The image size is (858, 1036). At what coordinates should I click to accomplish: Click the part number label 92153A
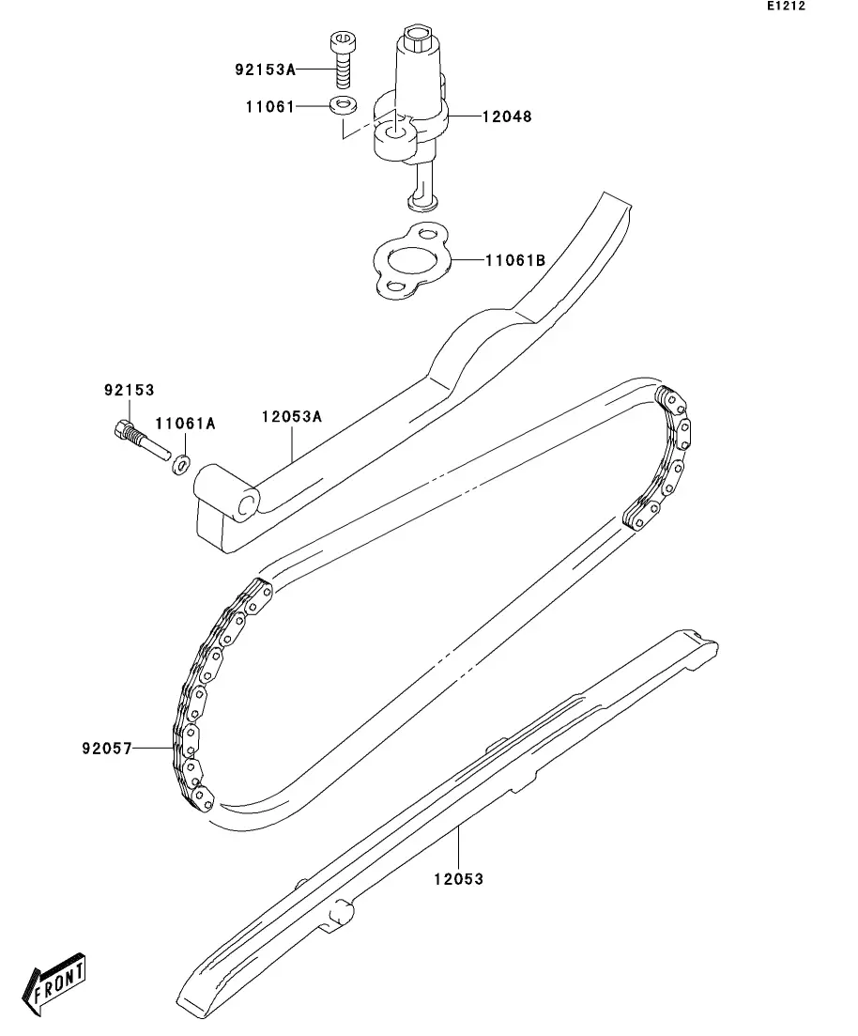coord(265,70)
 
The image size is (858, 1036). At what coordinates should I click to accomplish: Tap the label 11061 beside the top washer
coord(270,107)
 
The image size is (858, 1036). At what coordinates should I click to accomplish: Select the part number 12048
coord(507,116)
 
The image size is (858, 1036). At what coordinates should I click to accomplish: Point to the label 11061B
coord(514,260)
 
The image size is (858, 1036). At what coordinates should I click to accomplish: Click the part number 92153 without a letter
coord(129,390)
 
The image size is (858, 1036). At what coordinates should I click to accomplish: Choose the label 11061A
coord(185,424)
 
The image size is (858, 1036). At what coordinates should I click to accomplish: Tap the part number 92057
coord(105,749)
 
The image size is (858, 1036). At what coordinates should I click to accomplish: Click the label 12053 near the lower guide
coord(458,879)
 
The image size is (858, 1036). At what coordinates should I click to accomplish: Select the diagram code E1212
coord(787,7)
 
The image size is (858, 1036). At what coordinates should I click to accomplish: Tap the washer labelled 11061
coord(344,104)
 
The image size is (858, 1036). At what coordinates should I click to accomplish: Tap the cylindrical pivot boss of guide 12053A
coord(228,495)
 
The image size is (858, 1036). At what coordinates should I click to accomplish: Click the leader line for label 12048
coord(465,116)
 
